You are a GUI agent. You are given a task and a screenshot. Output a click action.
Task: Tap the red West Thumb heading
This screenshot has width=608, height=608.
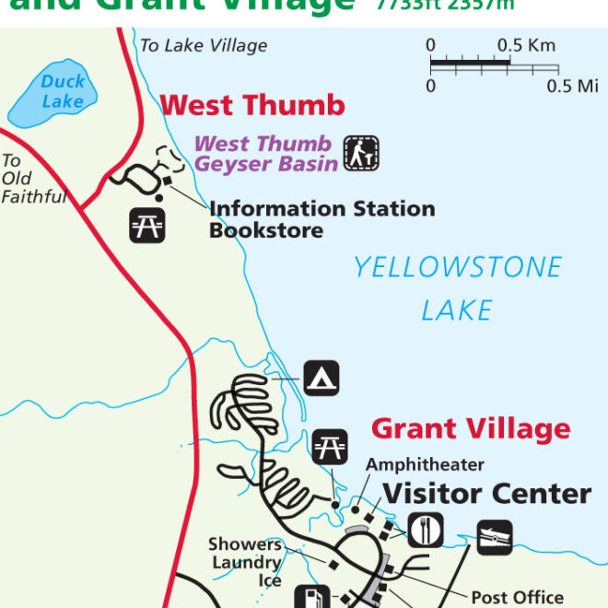[x=252, y=105]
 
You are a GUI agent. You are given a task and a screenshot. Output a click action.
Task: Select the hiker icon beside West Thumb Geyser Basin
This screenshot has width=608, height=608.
[x=361, y=153]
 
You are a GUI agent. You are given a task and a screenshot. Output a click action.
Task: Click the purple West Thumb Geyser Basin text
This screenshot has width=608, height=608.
[x=263, y=154]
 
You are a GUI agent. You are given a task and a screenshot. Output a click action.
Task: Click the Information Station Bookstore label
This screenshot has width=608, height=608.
[x=322, y=219]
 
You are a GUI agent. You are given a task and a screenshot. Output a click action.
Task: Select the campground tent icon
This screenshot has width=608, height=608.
[x=321, y=378]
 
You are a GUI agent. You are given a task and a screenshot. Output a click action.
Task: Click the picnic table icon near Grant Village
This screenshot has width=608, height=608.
[x=330, y=446]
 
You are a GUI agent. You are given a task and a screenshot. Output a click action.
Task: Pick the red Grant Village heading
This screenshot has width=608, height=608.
[x=471, y=428]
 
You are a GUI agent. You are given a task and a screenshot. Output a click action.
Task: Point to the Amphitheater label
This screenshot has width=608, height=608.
[x=425, y=465]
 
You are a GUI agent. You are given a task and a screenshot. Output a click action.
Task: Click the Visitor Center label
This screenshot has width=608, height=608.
[x=486, y=494]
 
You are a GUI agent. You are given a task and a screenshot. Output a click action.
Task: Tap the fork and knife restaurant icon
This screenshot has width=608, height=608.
[x=425, y=531]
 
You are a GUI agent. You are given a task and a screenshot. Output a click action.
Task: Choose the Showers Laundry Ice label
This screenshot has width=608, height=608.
[x=245, y=562]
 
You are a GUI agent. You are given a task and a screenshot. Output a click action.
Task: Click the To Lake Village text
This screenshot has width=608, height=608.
[x=204, y=45]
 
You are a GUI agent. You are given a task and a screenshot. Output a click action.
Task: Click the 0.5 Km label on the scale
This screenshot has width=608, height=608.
[x=526, y=45]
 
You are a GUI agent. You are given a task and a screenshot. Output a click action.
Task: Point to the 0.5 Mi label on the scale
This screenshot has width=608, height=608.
[x=572, y=87]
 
